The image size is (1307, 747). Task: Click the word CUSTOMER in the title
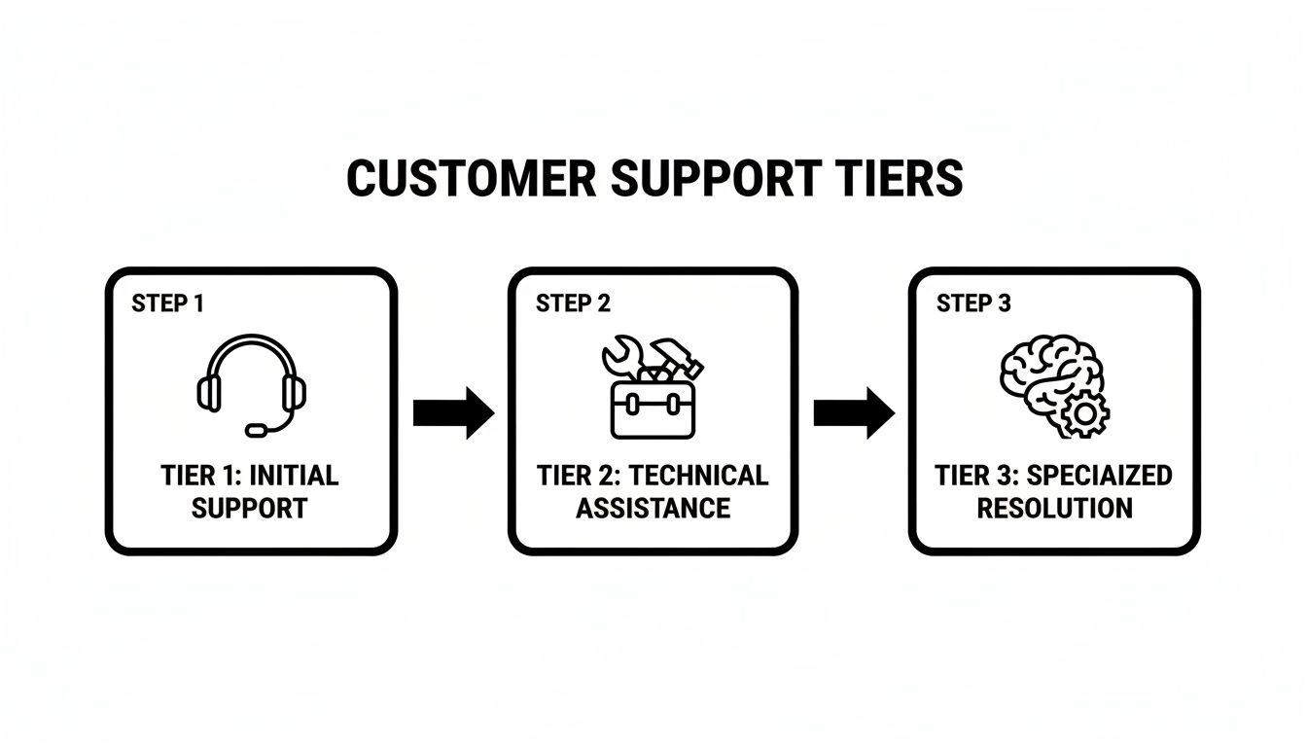(x=472, y=179)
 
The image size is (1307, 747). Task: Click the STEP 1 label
(x=167, y=303)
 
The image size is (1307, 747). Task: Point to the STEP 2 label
(x=573, y=303)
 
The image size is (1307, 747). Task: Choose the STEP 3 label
(x=973, y=303)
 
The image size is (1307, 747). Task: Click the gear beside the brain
(x=1083, y=415)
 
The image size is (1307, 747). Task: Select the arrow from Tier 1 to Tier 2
(x=453, y=412)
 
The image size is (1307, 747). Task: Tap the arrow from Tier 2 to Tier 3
(x=853, y=412)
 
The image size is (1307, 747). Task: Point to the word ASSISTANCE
(x=653, y=508)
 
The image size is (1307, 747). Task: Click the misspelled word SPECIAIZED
(x=1099, y=477)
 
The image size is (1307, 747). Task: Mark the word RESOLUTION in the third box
(x=1054, y=508)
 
